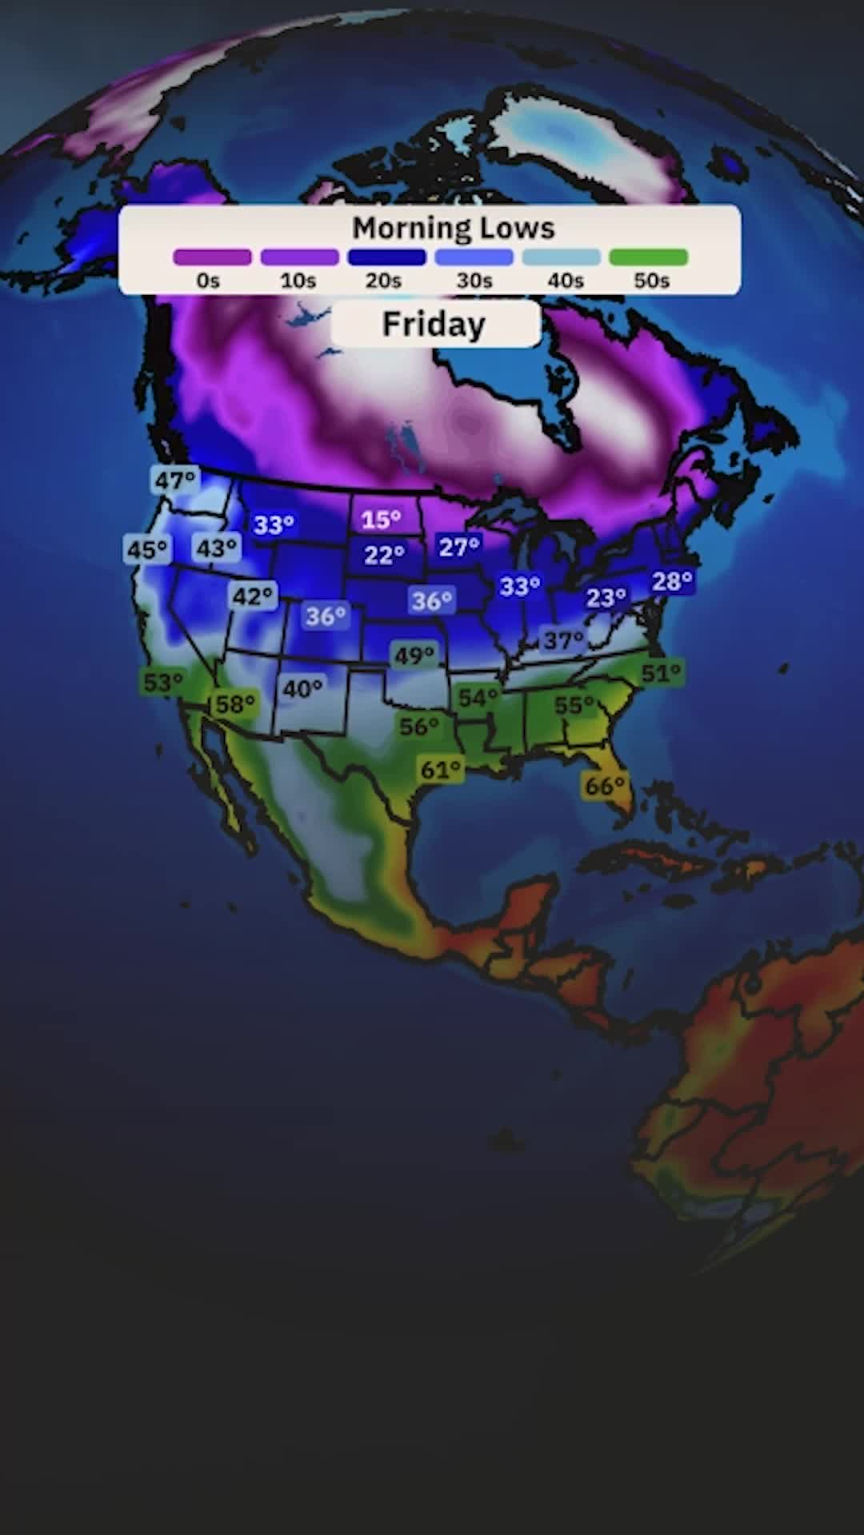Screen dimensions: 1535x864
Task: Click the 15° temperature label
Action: point(381,520)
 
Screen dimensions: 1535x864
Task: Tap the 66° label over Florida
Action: point(605,786)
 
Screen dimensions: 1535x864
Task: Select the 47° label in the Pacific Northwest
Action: point(174,480)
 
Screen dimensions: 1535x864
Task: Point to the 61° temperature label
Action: point(441,770)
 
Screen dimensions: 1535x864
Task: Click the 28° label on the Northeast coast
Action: point(671,581)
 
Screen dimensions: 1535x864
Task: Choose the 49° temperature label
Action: point(414,656)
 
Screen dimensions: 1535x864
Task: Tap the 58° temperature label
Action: point(235,704)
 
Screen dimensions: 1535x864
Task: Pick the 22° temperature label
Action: point(384,555)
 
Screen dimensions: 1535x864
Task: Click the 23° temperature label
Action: point(606,598)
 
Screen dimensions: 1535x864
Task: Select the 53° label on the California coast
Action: point(163,683)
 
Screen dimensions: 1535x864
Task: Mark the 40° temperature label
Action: point(302,688)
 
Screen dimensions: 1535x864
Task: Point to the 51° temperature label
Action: point(662,673)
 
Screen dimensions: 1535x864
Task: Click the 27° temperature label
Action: point(459,547)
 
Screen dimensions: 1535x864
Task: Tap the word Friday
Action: point(434,325)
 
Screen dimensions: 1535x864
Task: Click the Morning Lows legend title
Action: point(453,229)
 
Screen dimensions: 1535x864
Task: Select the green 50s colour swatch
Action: point(648,257)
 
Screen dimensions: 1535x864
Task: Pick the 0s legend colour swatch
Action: point(212,257)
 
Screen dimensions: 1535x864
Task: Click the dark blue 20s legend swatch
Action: point(386,257)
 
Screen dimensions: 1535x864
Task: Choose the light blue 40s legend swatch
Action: point(561,257)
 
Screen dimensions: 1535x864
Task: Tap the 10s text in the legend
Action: point(298,281)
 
